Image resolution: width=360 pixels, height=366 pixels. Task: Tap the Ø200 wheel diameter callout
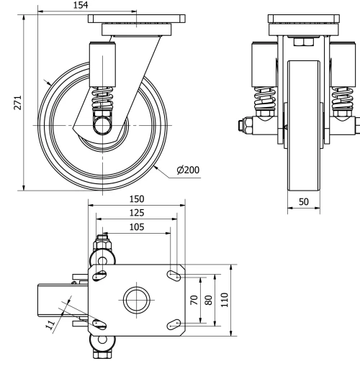[188, 170]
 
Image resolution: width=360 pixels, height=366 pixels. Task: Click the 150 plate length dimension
[134, 198]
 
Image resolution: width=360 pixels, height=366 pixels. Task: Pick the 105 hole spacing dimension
[134, 227]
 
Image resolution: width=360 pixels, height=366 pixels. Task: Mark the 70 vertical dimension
[194, 300]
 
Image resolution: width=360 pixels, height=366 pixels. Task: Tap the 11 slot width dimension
[51, 326]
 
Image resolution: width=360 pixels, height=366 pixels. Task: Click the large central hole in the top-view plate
[135, 300]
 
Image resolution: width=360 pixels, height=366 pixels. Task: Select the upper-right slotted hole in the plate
[173, 275]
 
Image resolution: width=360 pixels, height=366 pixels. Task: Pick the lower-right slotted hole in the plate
[172, 324]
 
